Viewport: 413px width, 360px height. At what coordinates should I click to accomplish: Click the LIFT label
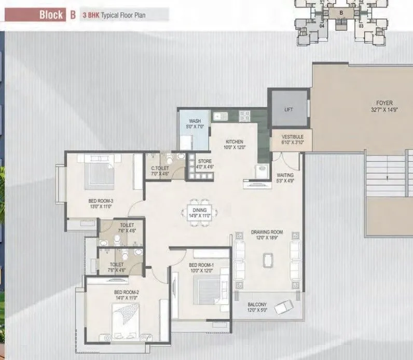[289, 110]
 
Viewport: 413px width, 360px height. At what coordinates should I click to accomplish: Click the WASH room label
[195, 121]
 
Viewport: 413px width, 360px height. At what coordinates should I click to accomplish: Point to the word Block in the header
[51, 15]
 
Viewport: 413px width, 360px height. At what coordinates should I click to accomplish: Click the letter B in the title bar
[73, 15]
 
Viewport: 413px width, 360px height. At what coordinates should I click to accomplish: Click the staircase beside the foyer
[387, 177]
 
